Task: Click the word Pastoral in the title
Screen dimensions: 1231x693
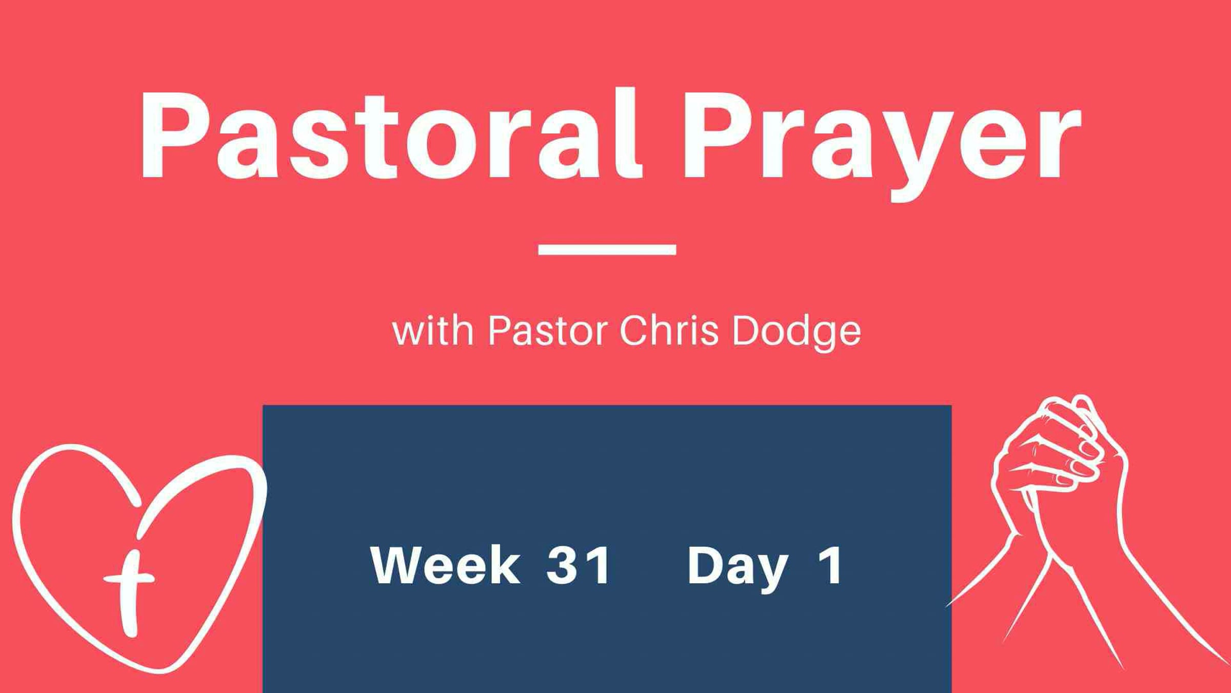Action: click(x=391, y=134)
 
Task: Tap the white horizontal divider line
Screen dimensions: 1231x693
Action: click(x=607, y=249)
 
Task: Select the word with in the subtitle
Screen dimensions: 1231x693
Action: click(x=433, y=331)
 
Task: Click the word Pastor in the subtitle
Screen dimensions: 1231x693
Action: click(x=548, y=331)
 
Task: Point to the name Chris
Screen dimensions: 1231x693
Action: click(x=669, y=331)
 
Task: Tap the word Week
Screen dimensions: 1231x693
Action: click(x=445, y=565)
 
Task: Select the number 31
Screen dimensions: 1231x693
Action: click(x=578, y=565)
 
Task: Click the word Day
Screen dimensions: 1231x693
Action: click(x=738, y=569)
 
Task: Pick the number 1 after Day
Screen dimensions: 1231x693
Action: click(x=831, y=565)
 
